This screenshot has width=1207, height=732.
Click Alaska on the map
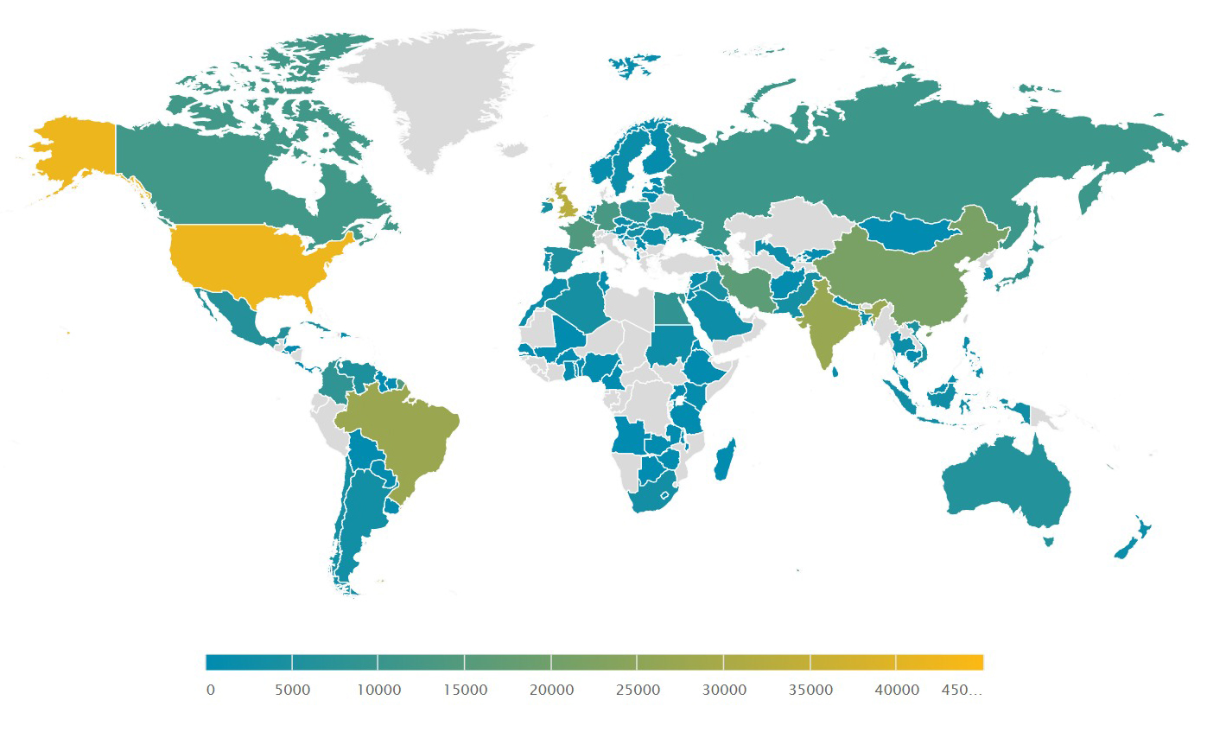pyautogui.click(x=73, y=151)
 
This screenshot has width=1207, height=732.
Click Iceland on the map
pyautogui.click(x=634, y=65)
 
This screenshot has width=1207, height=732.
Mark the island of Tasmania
pyautogui.click(x=1049, y=541)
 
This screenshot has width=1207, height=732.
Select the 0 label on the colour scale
pyautogui.click(x=210, y=690)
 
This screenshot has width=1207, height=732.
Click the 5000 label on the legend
pyautogui.click(x=292, y=690)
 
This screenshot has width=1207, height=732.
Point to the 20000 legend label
pyautogui.click(x=551, y=690)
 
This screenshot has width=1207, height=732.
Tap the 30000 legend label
pyautogui.click(x=724, y=690)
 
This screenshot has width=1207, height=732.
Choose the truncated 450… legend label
pyautogui.click(x=960, y=690)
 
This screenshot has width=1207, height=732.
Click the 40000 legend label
pyautogui.click(x=897, y=690)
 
